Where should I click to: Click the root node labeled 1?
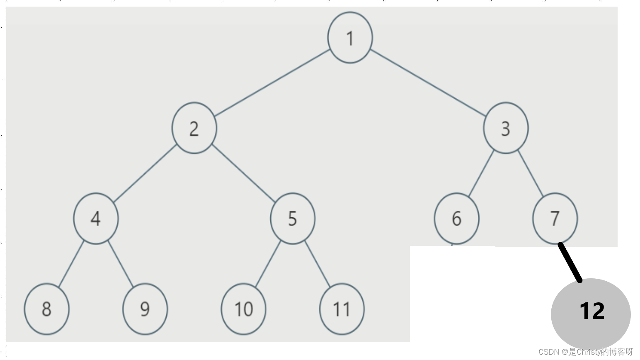click(350, 37)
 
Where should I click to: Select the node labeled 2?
click(194, 128)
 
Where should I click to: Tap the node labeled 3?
click(506, 128)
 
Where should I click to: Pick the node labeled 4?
click(96, 219)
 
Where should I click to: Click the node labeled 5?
click(293, 219)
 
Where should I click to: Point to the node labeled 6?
click(456, 219)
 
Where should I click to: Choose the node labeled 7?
click(555, 219)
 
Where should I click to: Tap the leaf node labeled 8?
click(46, 309)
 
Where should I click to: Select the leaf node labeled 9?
click(145, 309)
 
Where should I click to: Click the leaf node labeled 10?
click(243, 309)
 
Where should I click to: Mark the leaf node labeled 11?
click(342, 309)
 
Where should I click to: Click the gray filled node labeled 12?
click(591, 314)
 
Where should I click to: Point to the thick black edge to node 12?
click(570, 263)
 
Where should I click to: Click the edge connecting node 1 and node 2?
click(272, 83)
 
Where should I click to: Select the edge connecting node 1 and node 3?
click(428, 83)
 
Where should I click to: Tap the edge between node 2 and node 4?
click(145, 174)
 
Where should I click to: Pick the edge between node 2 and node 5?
click(244, 174)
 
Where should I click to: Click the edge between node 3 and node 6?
click(481, 173)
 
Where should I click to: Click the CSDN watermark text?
click(586, 352)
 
